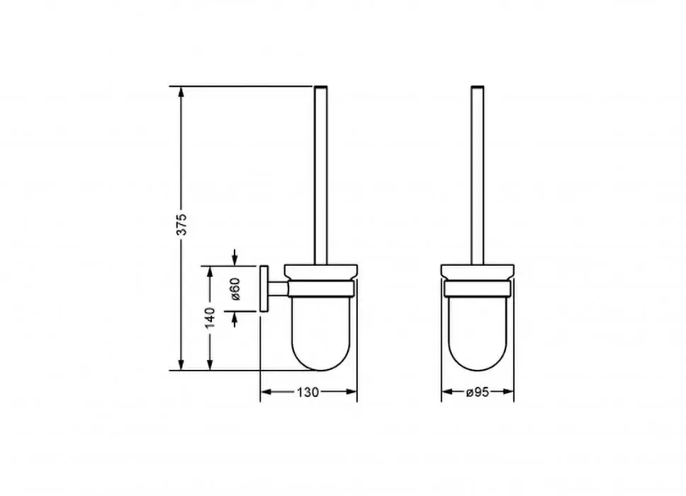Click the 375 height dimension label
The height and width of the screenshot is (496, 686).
tap(182, 225)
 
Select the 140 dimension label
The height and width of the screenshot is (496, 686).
tap(210, 317)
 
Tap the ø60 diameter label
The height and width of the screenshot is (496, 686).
tap(235, 289)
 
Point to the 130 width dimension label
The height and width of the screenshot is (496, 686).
tap(308, 393)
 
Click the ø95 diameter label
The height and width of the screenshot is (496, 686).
tap(478, 393)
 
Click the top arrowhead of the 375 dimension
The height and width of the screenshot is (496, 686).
tap(181, 92)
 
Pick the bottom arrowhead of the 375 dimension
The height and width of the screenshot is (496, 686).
tap(181, 364)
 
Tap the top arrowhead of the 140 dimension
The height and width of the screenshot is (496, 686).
tap(210, 271)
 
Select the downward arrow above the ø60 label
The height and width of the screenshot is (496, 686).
tap(235, 257)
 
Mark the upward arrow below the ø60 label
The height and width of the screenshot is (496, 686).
tap(235, 320)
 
